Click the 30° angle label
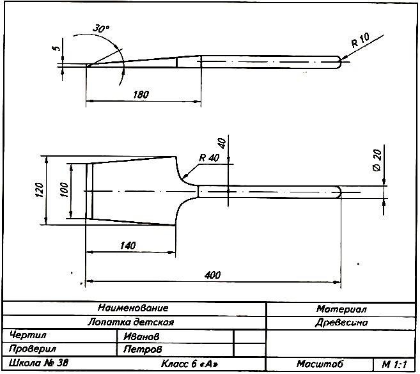[x=101, y=28]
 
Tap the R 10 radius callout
[x=361, y=40]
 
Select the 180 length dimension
[x=141, y=95]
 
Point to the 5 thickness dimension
[x=57, y=48]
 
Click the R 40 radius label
[x=209, y=158]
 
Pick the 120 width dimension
[x=39, y=190]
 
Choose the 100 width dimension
[x=65, y=190]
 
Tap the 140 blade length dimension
[x=128, y=245]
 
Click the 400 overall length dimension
[x=212, y=275]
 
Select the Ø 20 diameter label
[x=377, y=160]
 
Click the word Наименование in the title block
[x=133, y=308]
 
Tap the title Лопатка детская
[x=131, y=322]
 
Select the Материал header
[x=341, y=309]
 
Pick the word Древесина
[x=341, y=322]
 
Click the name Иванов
[x=141, y=336]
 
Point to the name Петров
[x=143, y=349]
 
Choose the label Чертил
[x=28, y=335]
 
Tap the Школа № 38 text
[x=39, y=362]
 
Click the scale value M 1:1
[x=394, y=364]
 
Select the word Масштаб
[x=320, y=364]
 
